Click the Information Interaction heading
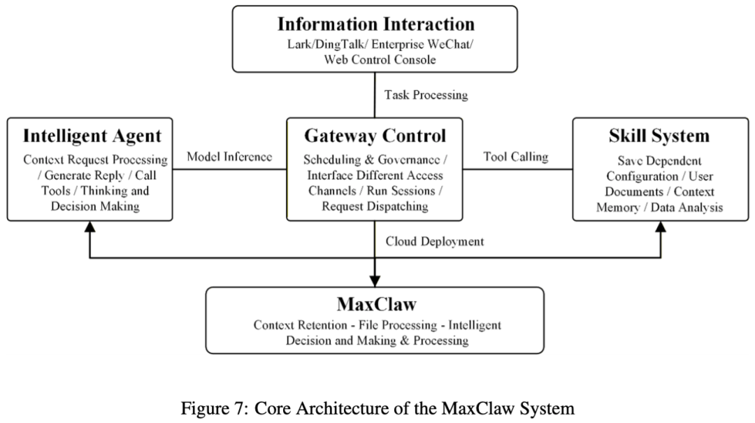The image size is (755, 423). [375, 24]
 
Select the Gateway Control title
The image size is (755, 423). [375, 135]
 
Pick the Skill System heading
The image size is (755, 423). [659, 135]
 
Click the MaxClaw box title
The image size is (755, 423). [375, 305]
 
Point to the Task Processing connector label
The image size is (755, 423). [426, 94]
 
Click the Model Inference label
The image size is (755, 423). [229, 157]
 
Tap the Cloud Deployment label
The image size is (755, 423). [435, 241]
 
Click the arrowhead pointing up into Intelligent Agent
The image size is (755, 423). [89, 228]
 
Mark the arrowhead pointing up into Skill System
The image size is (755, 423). [661, 228]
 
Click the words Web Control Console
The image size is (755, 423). [380, 59]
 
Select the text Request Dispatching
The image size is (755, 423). [375, 206]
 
